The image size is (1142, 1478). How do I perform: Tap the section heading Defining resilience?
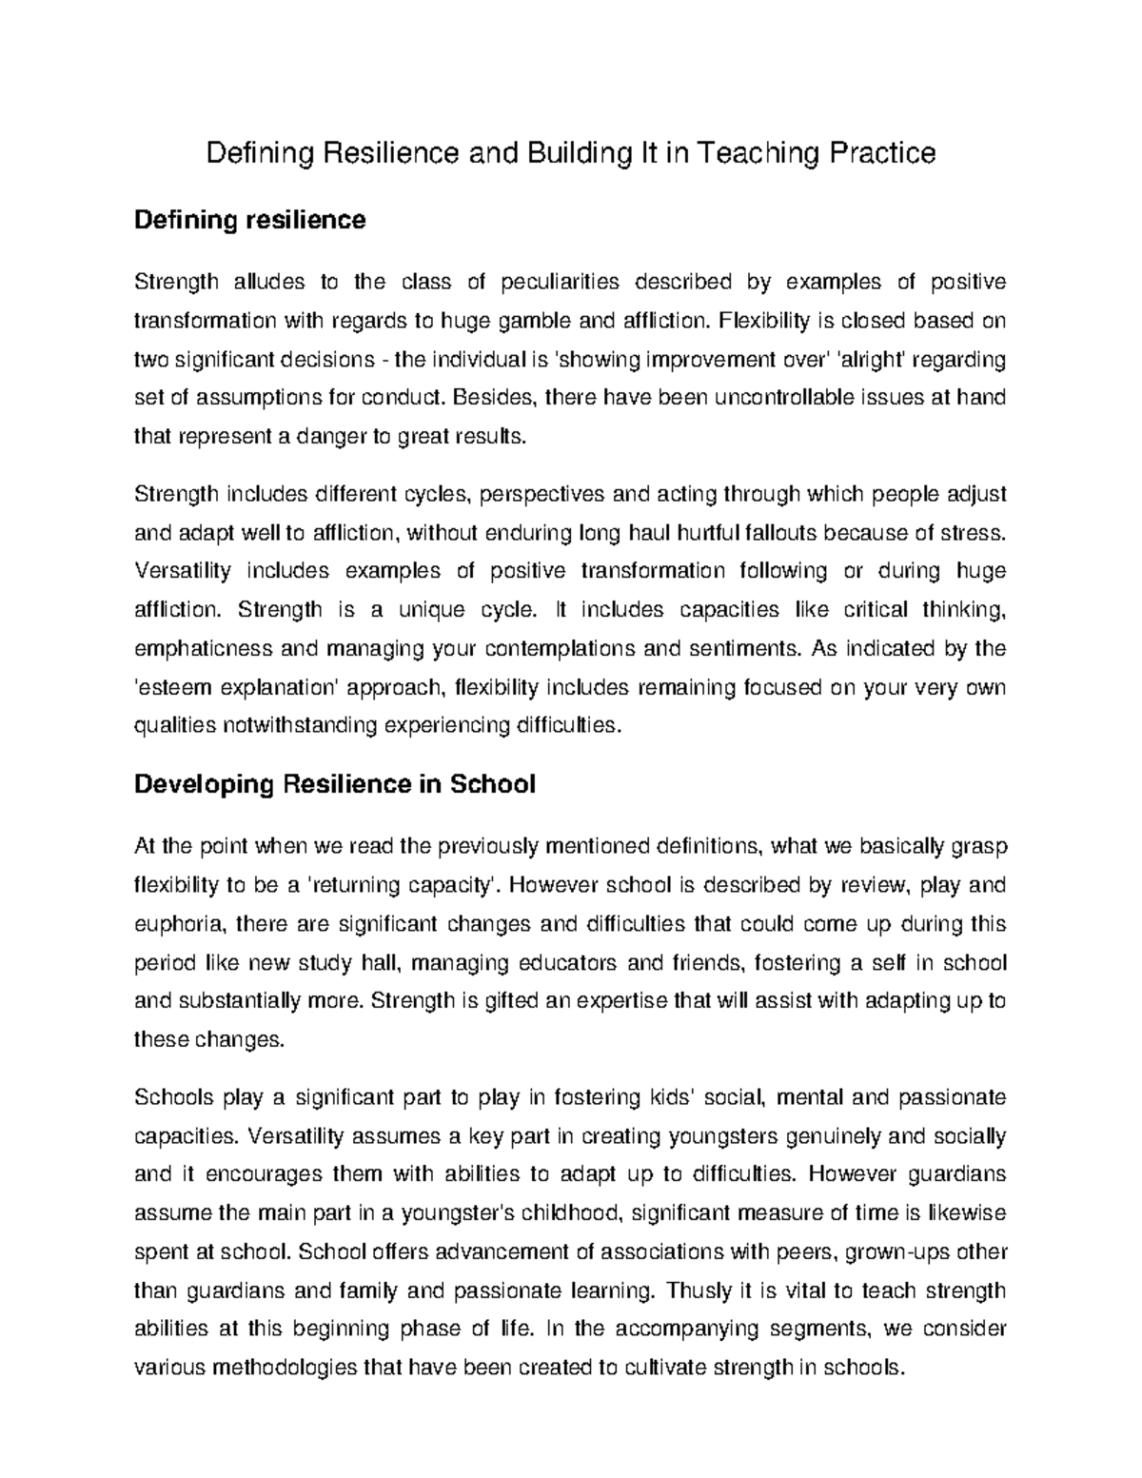[x=249, y=221]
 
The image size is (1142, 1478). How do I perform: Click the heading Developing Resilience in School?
[x=335, y=785]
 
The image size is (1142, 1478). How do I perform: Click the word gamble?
[x=536, y=321]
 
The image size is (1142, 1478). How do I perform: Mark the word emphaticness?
[x=198, y=649]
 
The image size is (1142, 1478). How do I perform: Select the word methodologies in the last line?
[x=285, y=1369]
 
